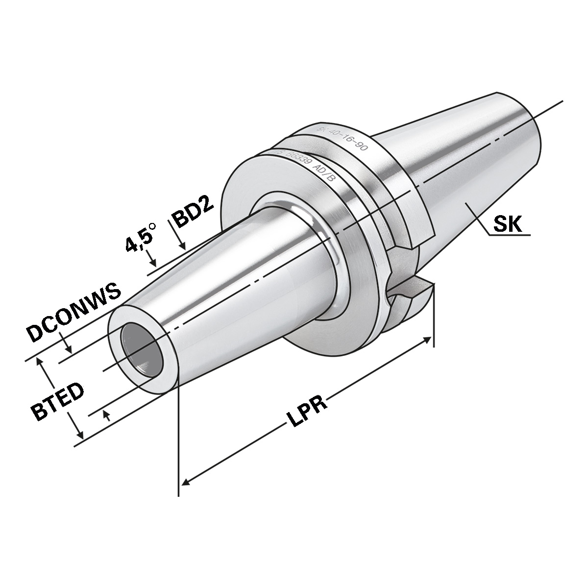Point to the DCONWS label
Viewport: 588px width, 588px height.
coord(73,314)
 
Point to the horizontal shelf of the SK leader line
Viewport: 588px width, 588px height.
coord(510,235)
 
